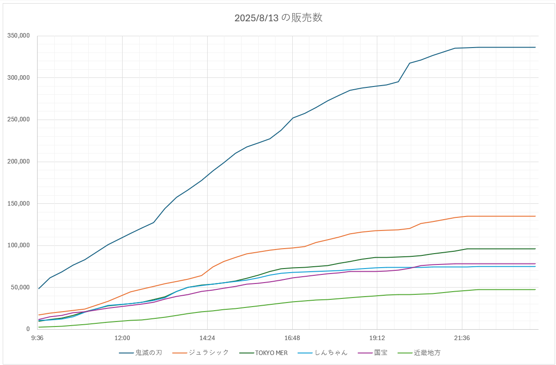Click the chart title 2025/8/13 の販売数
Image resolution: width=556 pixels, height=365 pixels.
coord(278,18)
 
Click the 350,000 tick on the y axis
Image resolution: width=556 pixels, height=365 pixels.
coord(19,36)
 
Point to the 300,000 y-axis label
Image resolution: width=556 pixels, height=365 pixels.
coord(19,78)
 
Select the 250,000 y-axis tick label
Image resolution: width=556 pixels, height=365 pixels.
coord(19,120)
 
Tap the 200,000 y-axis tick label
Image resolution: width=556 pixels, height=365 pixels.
coord(19,162)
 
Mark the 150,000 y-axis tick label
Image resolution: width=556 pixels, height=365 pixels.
coord(19,203)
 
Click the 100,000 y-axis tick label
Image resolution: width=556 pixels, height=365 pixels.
coord(19,245)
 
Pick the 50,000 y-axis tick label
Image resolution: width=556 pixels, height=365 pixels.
coord(20,287)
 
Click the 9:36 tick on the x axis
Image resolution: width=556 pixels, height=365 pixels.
coord(38,338)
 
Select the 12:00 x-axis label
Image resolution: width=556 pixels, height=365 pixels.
coord(122,338)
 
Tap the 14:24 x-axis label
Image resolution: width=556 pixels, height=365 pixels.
coord(207,338)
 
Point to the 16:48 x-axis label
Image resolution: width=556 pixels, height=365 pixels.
coord(292,338)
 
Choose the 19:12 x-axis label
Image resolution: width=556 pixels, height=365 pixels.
coord(377,338)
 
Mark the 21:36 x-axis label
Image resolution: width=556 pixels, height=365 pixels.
coord(462,338)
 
